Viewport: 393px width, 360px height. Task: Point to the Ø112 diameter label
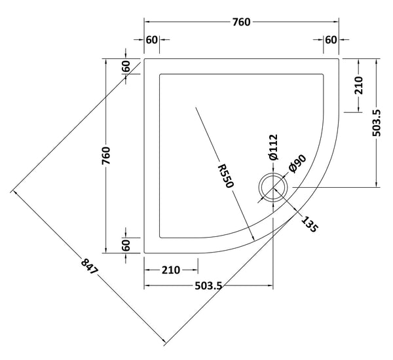pyautogui.click(x=274, y=147)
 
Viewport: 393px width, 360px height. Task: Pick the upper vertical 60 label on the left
pyautogui.click(x=126, y=67)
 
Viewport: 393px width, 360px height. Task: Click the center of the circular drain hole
pyautogui.click(x=271, y=187)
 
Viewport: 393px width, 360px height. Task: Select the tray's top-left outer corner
pyautogui.click(x=144, y=58)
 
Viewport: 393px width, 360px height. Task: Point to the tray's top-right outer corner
pyautogui.click(x=339, y=58)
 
